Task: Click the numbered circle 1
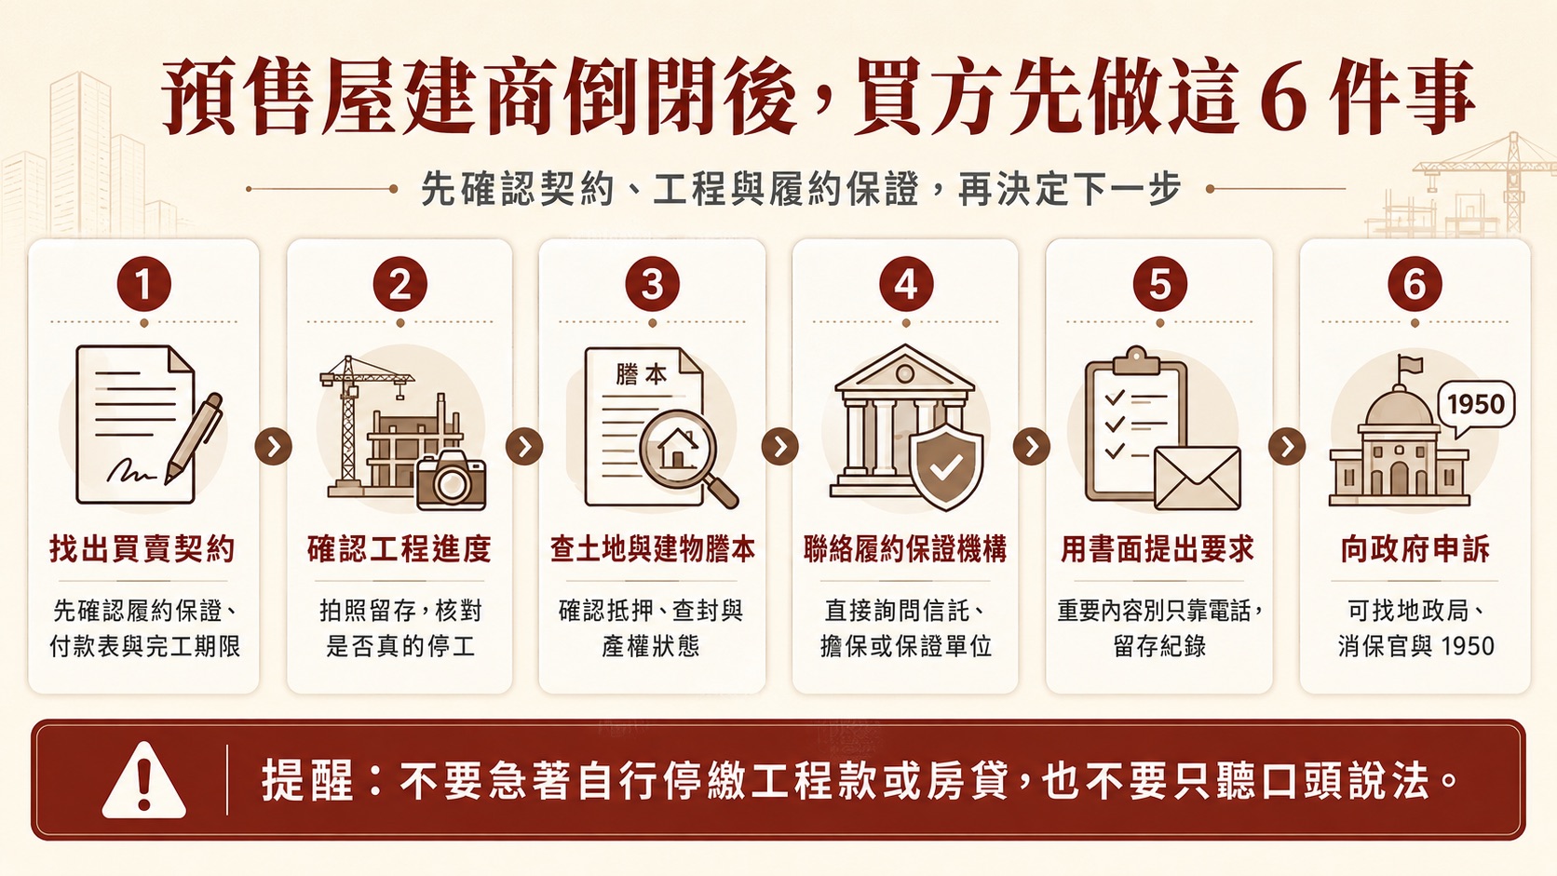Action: click(144, 283)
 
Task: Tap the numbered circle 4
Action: click(906, 283)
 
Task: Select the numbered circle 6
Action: click(1415, 283)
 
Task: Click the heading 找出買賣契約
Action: click(142, 549)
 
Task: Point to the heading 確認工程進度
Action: click(399, 549)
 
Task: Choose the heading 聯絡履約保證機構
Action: click(905, 549)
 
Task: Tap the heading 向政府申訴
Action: click(1415, 549)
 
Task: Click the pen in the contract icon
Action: click(194, 438)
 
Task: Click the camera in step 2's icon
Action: click(451, 479)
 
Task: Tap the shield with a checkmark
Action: click(946, 463)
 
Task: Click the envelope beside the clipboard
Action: click(1197, 478)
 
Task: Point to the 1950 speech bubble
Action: click(1476, 407)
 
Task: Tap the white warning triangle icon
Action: click(144, 780)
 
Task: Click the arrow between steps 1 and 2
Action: click(273, 446)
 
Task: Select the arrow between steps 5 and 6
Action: click(1287, 446)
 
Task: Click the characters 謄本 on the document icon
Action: click(641, 374)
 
